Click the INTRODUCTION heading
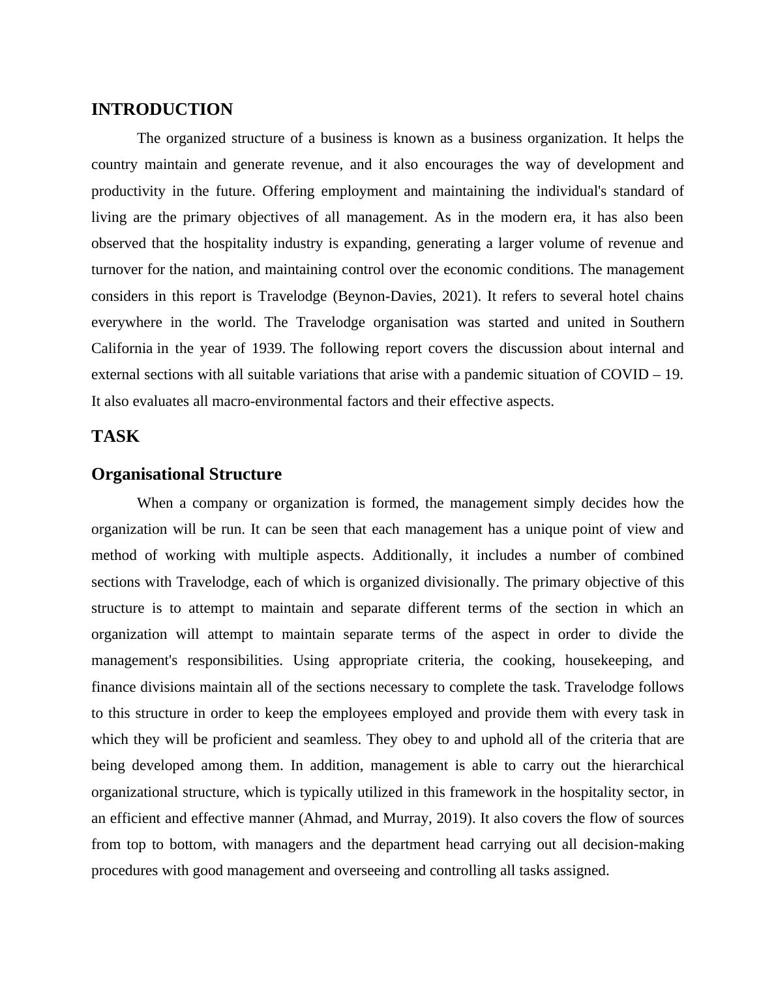pyautogui.click(x=162, y=110)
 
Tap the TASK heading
pyautogui.click(x=115, y=437)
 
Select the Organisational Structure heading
pyautogui.click(x=187, y=474)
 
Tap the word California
pyautogui.click(x=121, y=348)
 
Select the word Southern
pyautogui.click(x=657, y=322)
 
